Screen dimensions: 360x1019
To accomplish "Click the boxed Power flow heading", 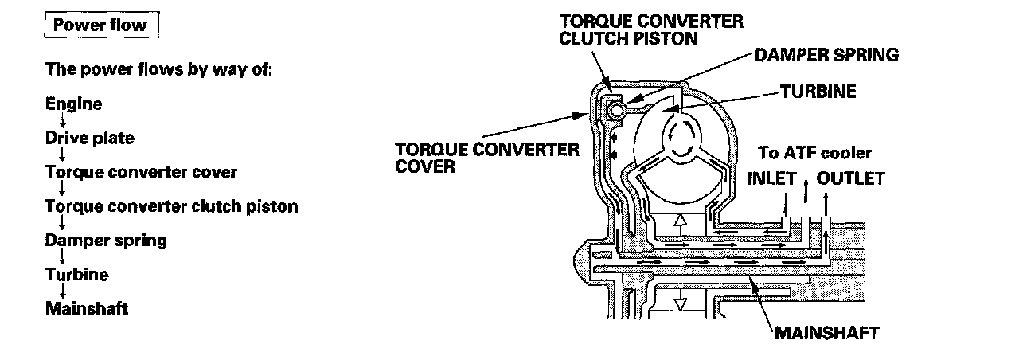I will pyautogui.click(x=100, y=25).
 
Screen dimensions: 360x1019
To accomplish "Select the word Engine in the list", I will pyautogui.click(x=74, y=104).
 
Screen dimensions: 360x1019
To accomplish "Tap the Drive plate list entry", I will pyautogui.click(x=90, y=138).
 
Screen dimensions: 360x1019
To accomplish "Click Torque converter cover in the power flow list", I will pyautogui.click(x=141, y=172).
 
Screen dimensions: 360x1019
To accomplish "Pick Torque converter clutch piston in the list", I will pyautogui.click(x=171, y=206).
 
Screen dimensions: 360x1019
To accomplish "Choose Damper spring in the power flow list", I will pyautogui.click(x=106, y=240).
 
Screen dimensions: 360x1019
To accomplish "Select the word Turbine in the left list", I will pyautogui.click(x=77, y=274).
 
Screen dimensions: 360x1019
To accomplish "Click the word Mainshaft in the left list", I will pyautogui.click(x=87, y=308).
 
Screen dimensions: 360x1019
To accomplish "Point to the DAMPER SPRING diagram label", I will pyautogui.click(x=826, y=55).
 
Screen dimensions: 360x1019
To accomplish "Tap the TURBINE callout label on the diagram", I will pyautogui.click(x=818, y=92).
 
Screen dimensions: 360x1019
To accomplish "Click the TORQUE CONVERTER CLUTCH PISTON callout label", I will pyautogui.click(x=651, y=29).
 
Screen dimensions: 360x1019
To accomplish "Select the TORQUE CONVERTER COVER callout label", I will pyautogui.click(x=487, y=158).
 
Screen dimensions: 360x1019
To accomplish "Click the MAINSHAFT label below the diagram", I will pyautogui.click(x=827, y=331).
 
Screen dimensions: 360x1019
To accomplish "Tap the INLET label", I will pyautogui.click(x=771, y=178).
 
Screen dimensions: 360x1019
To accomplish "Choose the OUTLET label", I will pyautogui.click(x=850, y=178).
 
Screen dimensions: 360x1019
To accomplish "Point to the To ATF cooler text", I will pyautogui.click(x=815, y=152).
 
